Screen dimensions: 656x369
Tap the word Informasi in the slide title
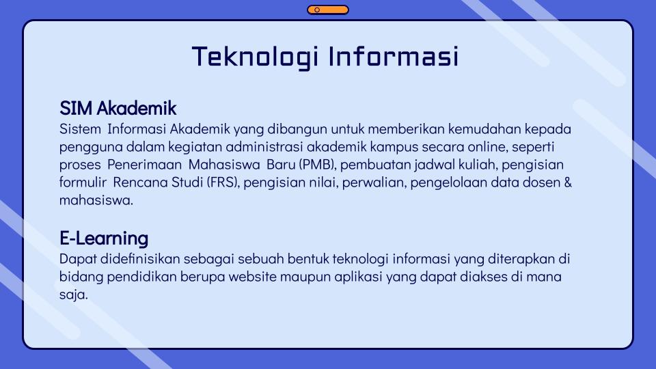[x=394, y=57]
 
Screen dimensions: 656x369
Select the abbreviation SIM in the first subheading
[x=76, y=109]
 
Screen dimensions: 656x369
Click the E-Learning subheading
[x=104, y=238]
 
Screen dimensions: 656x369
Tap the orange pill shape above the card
[x=328, y=10]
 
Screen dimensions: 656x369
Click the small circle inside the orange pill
[x=317, y=10]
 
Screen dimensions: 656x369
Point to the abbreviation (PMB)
[x=318, y=165]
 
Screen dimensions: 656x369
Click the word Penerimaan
[x=144, y=165]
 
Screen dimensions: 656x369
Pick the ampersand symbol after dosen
[x=568, y=182]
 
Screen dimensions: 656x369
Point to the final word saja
[x=73, y=295]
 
